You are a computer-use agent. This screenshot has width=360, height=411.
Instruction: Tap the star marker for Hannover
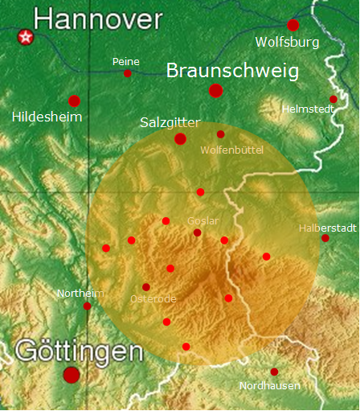27,36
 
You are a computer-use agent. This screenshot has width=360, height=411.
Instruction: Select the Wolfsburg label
287,42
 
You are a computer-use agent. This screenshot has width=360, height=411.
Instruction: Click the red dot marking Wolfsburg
293,25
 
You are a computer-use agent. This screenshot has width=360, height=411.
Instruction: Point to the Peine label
126,61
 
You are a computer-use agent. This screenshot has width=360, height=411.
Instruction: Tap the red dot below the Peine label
127,73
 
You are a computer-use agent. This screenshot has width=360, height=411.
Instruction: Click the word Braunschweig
232,71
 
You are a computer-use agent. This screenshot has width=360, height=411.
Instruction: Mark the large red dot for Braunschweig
215,90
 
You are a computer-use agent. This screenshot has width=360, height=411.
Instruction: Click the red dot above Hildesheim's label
74,101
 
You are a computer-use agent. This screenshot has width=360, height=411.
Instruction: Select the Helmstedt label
309,109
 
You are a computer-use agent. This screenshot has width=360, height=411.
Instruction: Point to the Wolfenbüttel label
231,150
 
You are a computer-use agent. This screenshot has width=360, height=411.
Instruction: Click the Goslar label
202,220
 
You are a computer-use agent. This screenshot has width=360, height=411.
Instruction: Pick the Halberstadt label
327,228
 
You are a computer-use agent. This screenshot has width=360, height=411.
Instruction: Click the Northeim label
80,294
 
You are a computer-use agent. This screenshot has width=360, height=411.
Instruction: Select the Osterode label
153,299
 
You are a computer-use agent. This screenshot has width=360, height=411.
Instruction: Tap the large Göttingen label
79,351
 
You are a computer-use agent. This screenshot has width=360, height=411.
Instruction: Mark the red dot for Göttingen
72,374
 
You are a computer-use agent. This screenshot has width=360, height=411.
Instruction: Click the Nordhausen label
270,386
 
